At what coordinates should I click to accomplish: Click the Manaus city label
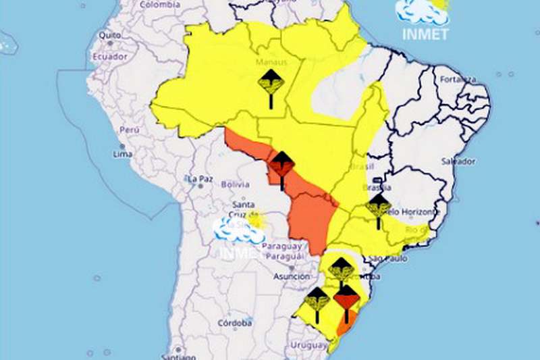[271, 62]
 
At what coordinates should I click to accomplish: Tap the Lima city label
[123, 154]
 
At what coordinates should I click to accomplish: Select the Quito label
[109, 35]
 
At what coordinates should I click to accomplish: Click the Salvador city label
[458, 161]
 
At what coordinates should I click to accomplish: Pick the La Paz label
[200, 179]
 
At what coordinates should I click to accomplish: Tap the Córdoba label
[236, 323]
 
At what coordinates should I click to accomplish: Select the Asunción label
[292, 277]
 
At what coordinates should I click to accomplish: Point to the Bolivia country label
[235, 184]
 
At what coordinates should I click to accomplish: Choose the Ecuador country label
[110, 57]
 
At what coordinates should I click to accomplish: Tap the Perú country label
[129, 129]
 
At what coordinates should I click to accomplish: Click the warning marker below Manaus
[271, 86]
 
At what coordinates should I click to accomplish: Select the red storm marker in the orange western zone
[281, 168]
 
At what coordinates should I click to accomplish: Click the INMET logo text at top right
[425, 34]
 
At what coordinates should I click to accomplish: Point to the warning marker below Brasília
[379, 208]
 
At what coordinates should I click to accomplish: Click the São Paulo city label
[385, 259]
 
